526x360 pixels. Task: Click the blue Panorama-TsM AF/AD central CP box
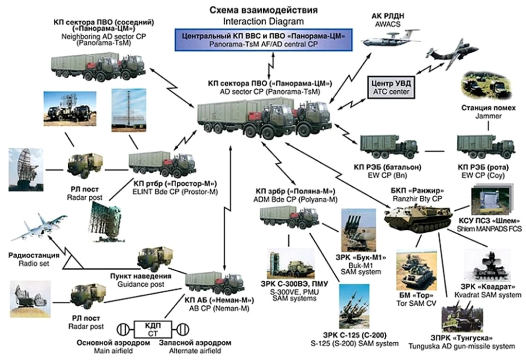[x=263, y=40]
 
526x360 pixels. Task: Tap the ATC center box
[x=391, y=87]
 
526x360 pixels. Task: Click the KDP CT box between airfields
[x=153, y=329]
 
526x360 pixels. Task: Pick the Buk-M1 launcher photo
[x=358, y=230]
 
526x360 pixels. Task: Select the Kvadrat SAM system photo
[x=487, y=264]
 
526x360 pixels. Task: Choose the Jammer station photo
[x=486, y=86]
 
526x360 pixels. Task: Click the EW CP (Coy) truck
[x=486, y=146]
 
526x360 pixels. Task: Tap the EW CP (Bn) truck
[x=389, y=146]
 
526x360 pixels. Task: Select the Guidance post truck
[x=155, y=259]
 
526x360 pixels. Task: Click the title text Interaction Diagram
[x=263, y=22]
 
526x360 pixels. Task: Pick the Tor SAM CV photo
[x=416, y=270]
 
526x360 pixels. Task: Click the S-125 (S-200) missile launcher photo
[x=354, y=307]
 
